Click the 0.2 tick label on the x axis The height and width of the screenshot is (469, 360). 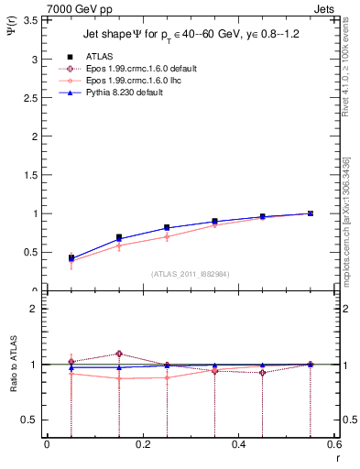tap(142, 446)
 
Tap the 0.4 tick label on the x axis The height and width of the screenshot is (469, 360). tap(238, 446)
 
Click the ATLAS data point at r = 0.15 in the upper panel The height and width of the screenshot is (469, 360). tap(119, 237)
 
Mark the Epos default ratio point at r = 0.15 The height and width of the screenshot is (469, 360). tap(119, 354)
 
